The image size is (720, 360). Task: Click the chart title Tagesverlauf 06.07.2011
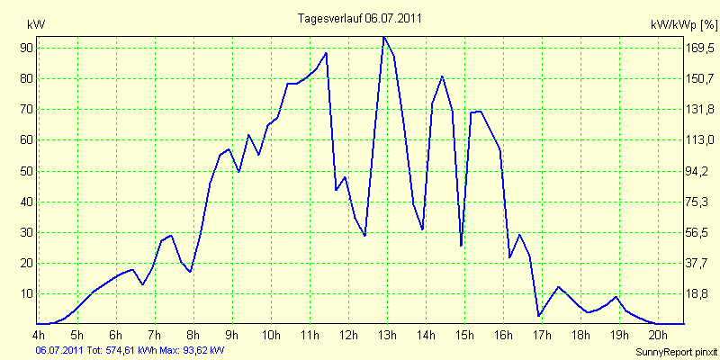click(359, 18)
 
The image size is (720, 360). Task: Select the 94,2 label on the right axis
click(700, 171)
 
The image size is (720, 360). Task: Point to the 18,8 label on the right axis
click(700, 294)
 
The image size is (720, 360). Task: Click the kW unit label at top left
click(36, 25)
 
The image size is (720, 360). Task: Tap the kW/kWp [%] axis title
click(683, 25)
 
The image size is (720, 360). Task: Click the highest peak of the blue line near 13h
click(383, 37)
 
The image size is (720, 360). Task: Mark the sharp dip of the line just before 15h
click(461, 245)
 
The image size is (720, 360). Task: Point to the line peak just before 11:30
click(326, 53)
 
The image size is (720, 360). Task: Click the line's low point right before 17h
click(538, 316)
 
